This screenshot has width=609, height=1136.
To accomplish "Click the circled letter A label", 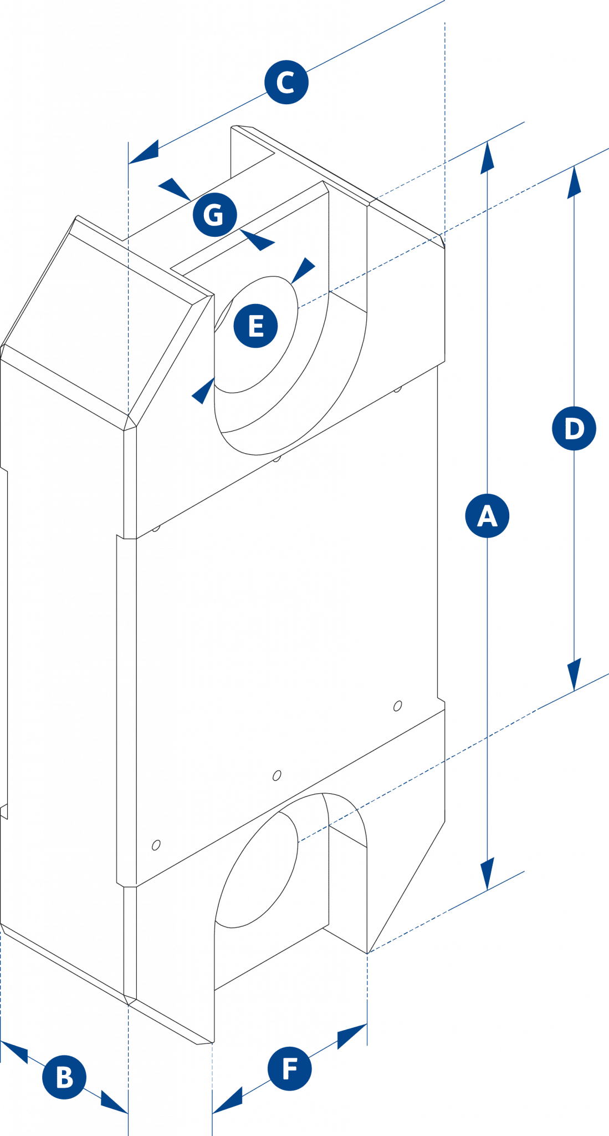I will tap(487, 516).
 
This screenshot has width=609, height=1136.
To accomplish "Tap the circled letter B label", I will tap(64, 1078).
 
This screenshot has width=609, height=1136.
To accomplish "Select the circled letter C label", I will tap(285, 83).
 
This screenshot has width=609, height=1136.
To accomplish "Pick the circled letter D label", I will tap(574, 428).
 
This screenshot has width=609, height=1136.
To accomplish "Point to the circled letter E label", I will tap(255, 326).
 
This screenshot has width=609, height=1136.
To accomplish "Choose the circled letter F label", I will tap(289, 1068).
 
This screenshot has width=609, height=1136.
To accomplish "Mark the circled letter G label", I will tap(214, 214).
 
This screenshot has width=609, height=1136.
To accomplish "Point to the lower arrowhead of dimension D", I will tap(574, 674).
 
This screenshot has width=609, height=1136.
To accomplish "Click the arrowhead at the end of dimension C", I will tap(145, 153).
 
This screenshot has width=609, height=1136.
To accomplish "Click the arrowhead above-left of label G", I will tap(175, 188).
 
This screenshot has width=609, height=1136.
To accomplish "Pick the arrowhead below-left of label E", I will tap(203, 391).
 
